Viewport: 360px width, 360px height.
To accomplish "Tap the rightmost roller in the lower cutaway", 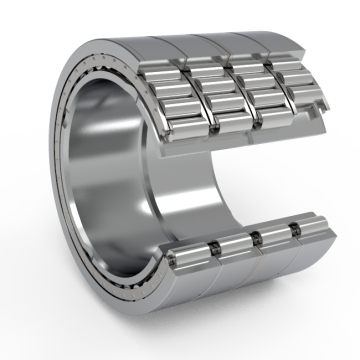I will coord(311,231).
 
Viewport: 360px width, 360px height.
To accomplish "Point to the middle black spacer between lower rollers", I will coord(256,238).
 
